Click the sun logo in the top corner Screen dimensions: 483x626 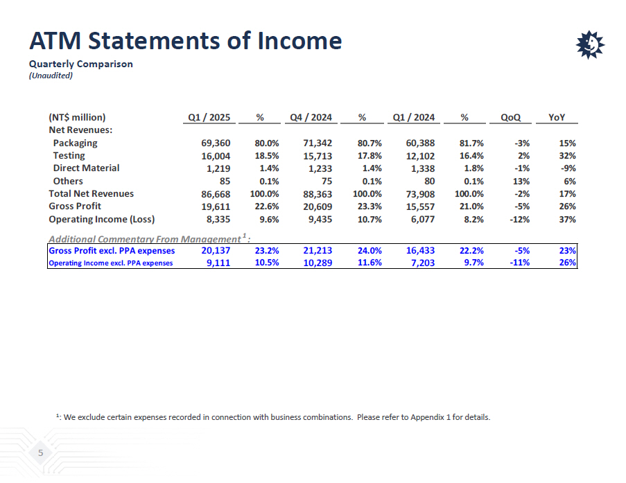[590, 45]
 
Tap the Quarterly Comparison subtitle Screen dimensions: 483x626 [80, 64]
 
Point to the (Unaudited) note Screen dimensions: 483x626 [51, 76]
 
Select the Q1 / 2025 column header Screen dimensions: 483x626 [209, 117]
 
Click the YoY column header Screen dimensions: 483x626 [557, 117]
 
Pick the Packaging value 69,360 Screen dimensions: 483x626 [216, 143]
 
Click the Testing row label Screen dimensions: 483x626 [69, 155]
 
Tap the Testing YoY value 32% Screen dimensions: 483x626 [567, 156]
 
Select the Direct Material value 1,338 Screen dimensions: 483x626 [422, 168]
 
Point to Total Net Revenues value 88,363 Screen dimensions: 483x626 [318, 194]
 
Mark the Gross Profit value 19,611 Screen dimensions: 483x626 [216, 207]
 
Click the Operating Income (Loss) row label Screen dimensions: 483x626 [101, 219]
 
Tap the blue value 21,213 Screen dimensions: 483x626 [318, 250]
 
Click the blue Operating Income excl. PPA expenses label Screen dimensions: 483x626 [111, 263]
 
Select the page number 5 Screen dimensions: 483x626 [41, 453]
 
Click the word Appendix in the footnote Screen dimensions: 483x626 [428, 417]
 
